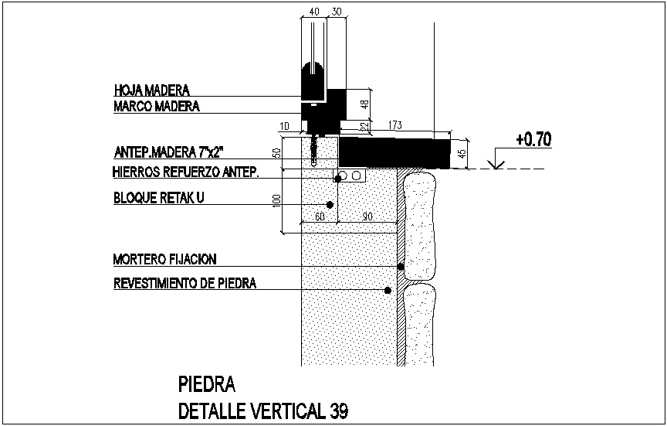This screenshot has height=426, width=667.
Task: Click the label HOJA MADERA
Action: coord(151,90)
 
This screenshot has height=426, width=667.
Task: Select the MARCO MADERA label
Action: coord(157,107)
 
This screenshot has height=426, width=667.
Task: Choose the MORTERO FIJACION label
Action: coord(164,259)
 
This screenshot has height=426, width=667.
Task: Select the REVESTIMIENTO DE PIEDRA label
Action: coord(185,284)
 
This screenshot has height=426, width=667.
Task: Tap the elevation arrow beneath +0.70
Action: coord(496,164)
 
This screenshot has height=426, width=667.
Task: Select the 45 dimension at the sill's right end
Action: coord(463,154)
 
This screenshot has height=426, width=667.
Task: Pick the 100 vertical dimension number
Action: coord(276,201)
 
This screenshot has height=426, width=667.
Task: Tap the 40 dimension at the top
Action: coord(313,11)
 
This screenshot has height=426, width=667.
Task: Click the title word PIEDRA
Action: coord(206,383)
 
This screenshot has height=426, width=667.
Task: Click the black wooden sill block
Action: coord(394,152)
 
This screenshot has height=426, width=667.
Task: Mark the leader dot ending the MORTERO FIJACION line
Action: coord(401,267)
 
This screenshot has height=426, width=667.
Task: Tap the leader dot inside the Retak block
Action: coord(330,204)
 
